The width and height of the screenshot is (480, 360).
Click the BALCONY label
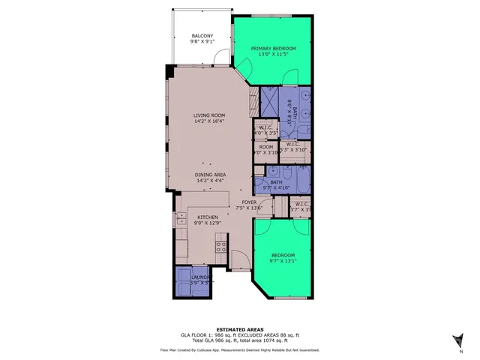[202, 36]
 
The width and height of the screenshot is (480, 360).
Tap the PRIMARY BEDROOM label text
[273, 49]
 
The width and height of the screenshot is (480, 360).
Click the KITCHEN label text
[207, 217]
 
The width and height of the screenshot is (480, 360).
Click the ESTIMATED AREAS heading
[239, 329]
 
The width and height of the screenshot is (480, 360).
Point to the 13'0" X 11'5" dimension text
[273, 55]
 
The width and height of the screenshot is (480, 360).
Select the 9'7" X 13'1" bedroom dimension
[283, 261]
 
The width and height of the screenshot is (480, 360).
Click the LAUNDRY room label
[199, 277]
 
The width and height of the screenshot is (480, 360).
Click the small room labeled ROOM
[266, 148]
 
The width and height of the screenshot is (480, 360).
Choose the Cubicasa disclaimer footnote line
[239, 349]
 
